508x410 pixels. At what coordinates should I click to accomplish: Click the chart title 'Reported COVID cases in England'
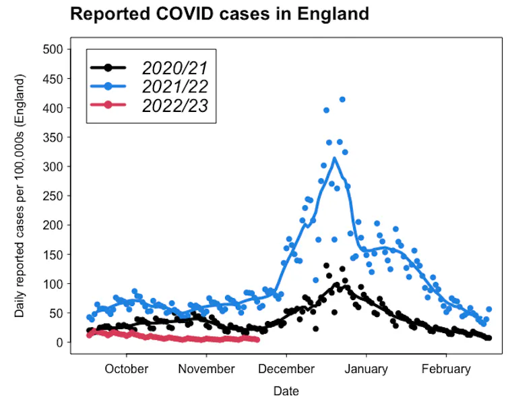click(220, 14)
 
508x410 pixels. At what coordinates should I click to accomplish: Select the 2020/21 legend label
click(174, 67)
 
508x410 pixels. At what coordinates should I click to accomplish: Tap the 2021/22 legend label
click(174, 86)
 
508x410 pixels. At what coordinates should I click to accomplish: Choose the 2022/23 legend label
click(174, 105)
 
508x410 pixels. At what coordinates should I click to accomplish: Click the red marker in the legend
click(108, 105)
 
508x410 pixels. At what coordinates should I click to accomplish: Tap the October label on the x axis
click(126, 369)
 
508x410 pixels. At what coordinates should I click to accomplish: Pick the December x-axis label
click(286, 369)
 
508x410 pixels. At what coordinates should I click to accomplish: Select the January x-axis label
click(366, 369)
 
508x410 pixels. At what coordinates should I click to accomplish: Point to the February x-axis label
click(445, 369)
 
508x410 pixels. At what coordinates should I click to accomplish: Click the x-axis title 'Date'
click(286, 391)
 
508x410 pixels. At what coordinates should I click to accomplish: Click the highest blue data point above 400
click(342, 99)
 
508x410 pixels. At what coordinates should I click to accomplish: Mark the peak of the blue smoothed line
click(334, 158)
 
